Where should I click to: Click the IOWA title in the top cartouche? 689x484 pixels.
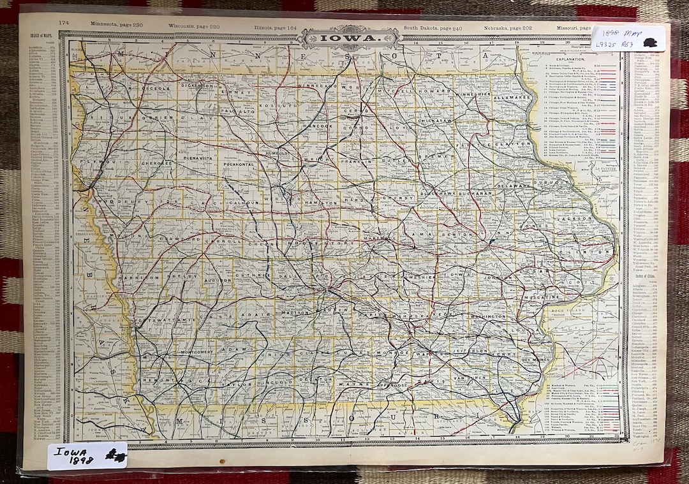coord(350,38)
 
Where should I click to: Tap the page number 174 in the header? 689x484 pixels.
coord(64,23)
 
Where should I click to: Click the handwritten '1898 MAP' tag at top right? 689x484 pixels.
coord(628,38)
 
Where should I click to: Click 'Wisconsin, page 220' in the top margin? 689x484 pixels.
coord(194,25)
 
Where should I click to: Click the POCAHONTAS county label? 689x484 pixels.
coord(236,164)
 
